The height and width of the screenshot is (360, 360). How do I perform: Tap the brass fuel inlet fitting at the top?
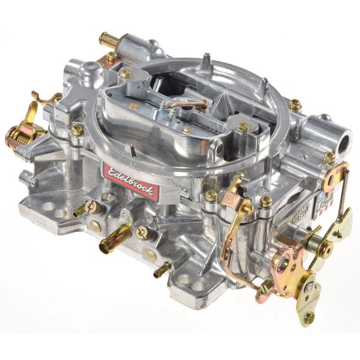click(110, 40)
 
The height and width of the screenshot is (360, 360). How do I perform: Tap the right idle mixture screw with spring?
click(146, 234)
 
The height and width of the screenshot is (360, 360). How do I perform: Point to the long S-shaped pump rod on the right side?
click(234, 228)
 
